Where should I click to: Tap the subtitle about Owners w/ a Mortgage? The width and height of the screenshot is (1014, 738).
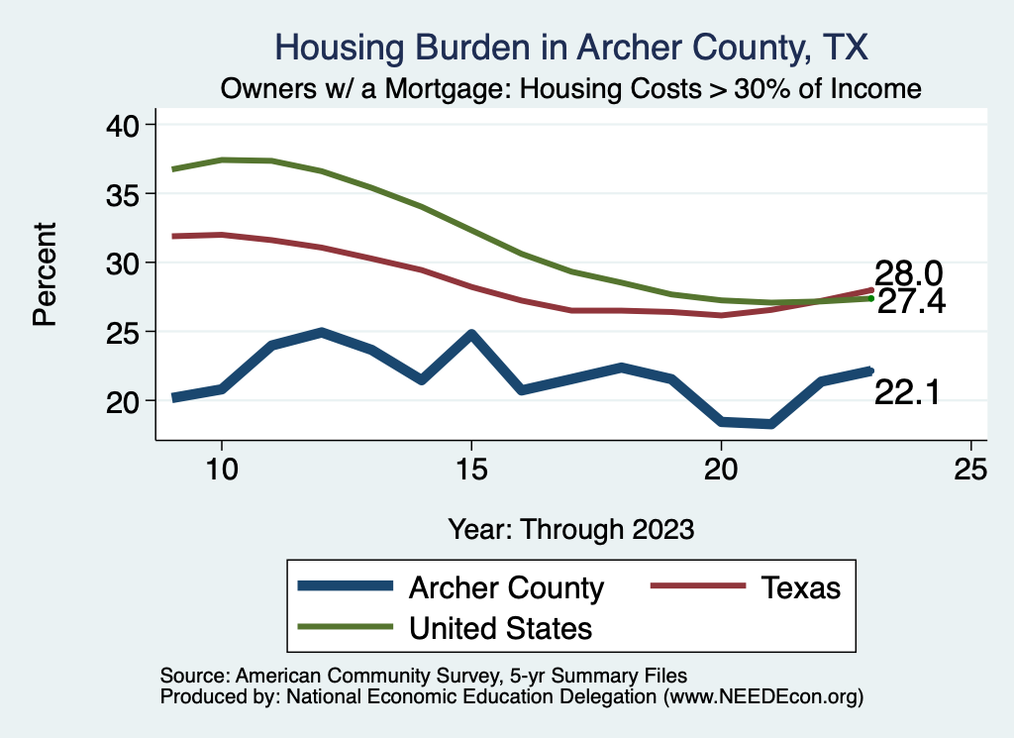[x=570, y=88]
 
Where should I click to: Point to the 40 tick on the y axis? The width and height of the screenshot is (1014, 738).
[x=129, y=125]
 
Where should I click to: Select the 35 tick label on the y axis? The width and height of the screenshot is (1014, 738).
[x=129, y=193]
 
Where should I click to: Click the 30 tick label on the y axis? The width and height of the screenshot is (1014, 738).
[x=129, y=263]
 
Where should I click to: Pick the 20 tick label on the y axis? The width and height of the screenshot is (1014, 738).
[x=129, y=400]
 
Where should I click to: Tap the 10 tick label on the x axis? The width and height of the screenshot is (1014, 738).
[x=222, y=470]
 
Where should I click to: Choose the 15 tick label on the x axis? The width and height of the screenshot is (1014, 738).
[x=471, y=470]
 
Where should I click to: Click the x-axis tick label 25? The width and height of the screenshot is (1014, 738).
[x=970, y=470]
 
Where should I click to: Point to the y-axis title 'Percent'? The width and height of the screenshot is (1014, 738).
[x=44, y=274]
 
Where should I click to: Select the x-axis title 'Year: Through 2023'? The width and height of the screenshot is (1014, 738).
[x=570, y=528]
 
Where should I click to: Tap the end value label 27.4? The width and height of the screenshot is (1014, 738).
[x=911, y=302]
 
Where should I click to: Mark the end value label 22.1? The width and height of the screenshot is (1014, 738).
[x=905, y=394]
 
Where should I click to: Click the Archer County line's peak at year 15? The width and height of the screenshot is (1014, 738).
[x=471, y=335]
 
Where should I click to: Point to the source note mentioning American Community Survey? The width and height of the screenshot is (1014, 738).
[x=424, y=676]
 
